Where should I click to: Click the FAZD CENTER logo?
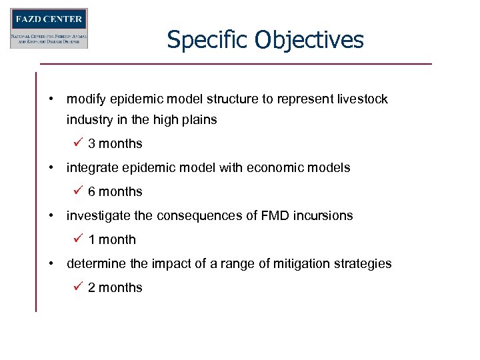pos(49,28)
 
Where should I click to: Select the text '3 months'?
pos(115,143)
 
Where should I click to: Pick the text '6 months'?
pos(115,191)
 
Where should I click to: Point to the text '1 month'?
pos(112,239)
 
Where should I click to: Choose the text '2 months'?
pos(115,287)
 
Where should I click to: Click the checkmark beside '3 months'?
pos(78,143)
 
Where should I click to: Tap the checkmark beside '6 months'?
pos(78,191)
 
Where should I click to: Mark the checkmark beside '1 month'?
pos(78,239)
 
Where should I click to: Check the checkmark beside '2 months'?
pos(78,287)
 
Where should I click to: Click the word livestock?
pos(360,99)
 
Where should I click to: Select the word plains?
pos(199,120)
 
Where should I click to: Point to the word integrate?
pos(91,168)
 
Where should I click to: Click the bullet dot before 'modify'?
pos(51,99)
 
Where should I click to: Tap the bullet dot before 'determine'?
pos(51,263)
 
